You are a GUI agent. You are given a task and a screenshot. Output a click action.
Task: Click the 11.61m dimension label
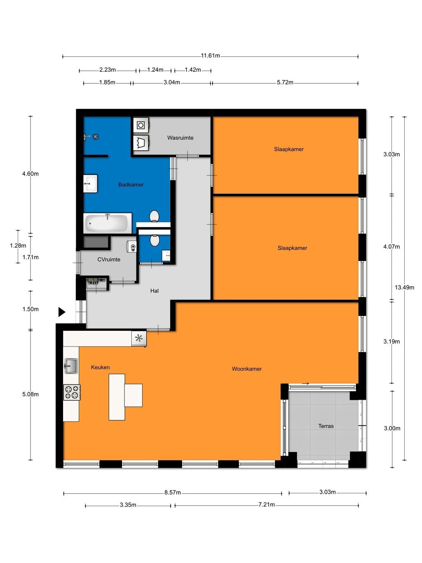(x=210, y=56)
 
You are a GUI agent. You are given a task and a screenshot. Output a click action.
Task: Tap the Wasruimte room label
(x=180, y=138)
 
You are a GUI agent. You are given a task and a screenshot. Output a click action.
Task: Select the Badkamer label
(x=131, y=184)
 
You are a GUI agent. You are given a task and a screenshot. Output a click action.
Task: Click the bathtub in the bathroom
(x=108, y=223)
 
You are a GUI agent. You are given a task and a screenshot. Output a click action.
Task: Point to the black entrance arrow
(x=62, y=312)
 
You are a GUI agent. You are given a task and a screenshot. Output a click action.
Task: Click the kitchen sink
(x=71, y=366)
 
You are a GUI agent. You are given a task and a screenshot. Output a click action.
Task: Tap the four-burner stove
(x=72, y=392)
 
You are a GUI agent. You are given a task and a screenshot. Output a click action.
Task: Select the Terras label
(x=326, y=426)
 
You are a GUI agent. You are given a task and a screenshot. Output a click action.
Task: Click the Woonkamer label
(x=246, y=369)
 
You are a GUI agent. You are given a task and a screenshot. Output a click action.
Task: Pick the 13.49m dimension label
(x=404, y=287)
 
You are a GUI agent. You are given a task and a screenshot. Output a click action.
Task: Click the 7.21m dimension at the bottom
(x=266, y=504)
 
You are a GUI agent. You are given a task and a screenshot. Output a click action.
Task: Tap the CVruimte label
(x=109, y=259)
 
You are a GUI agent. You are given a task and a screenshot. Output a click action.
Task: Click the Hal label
(x=154, y=291)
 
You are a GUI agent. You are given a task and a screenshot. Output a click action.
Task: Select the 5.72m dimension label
(x=285, y=82)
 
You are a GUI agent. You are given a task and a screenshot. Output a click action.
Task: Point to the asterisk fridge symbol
(x=139, y=338)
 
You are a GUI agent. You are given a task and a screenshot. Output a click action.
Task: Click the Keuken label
(x=100, y=367)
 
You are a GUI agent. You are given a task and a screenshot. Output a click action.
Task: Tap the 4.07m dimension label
(x=391, y=247)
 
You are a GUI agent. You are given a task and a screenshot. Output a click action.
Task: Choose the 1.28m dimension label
(x=18, y=245)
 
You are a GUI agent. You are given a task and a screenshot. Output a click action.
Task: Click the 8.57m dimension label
(x=172, y=492)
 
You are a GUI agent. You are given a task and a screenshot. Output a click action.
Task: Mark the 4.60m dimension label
(x=30, y=174)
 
